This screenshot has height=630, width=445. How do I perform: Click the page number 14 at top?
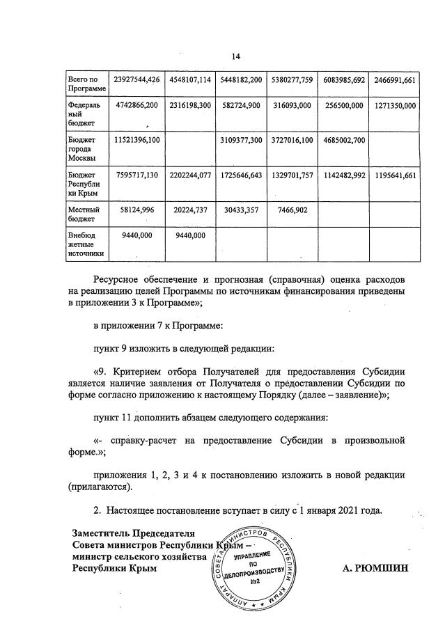coord(235,56)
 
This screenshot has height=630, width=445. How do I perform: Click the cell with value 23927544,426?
coord(136,79)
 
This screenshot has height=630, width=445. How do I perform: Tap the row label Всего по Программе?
coord(86,85)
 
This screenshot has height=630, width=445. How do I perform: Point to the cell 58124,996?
coord(136,210)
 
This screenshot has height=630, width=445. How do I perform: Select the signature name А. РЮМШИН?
coord(375,568)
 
